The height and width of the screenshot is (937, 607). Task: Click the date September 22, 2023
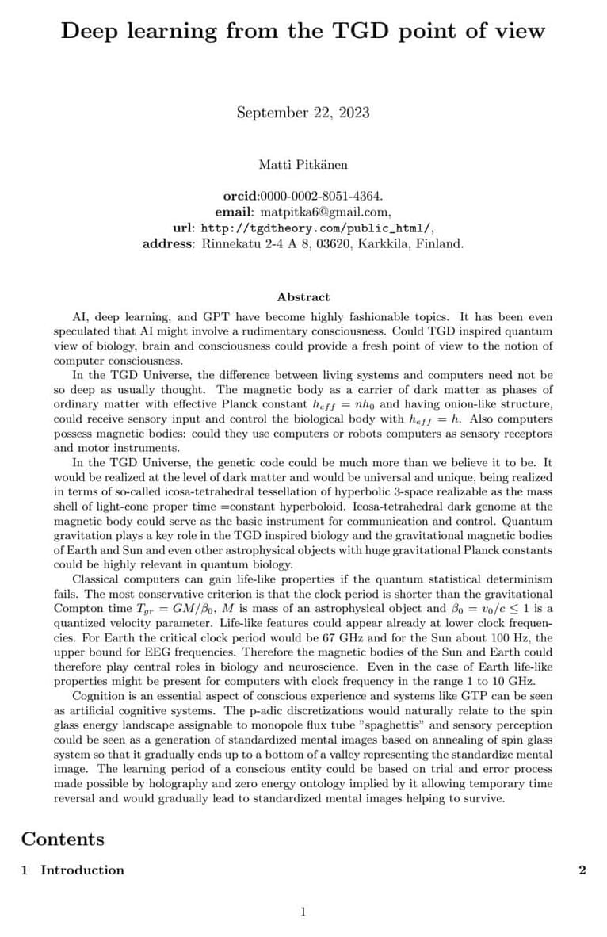[303, 112]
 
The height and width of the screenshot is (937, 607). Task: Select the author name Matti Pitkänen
[303, 164]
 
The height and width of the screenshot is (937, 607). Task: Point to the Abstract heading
[303, 296]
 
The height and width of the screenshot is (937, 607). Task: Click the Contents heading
[63, 839]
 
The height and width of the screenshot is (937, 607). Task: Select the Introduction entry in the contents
[82, 870]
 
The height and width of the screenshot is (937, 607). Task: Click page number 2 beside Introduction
[582, 870]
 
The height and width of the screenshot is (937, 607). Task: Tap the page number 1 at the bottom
[303, 912]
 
